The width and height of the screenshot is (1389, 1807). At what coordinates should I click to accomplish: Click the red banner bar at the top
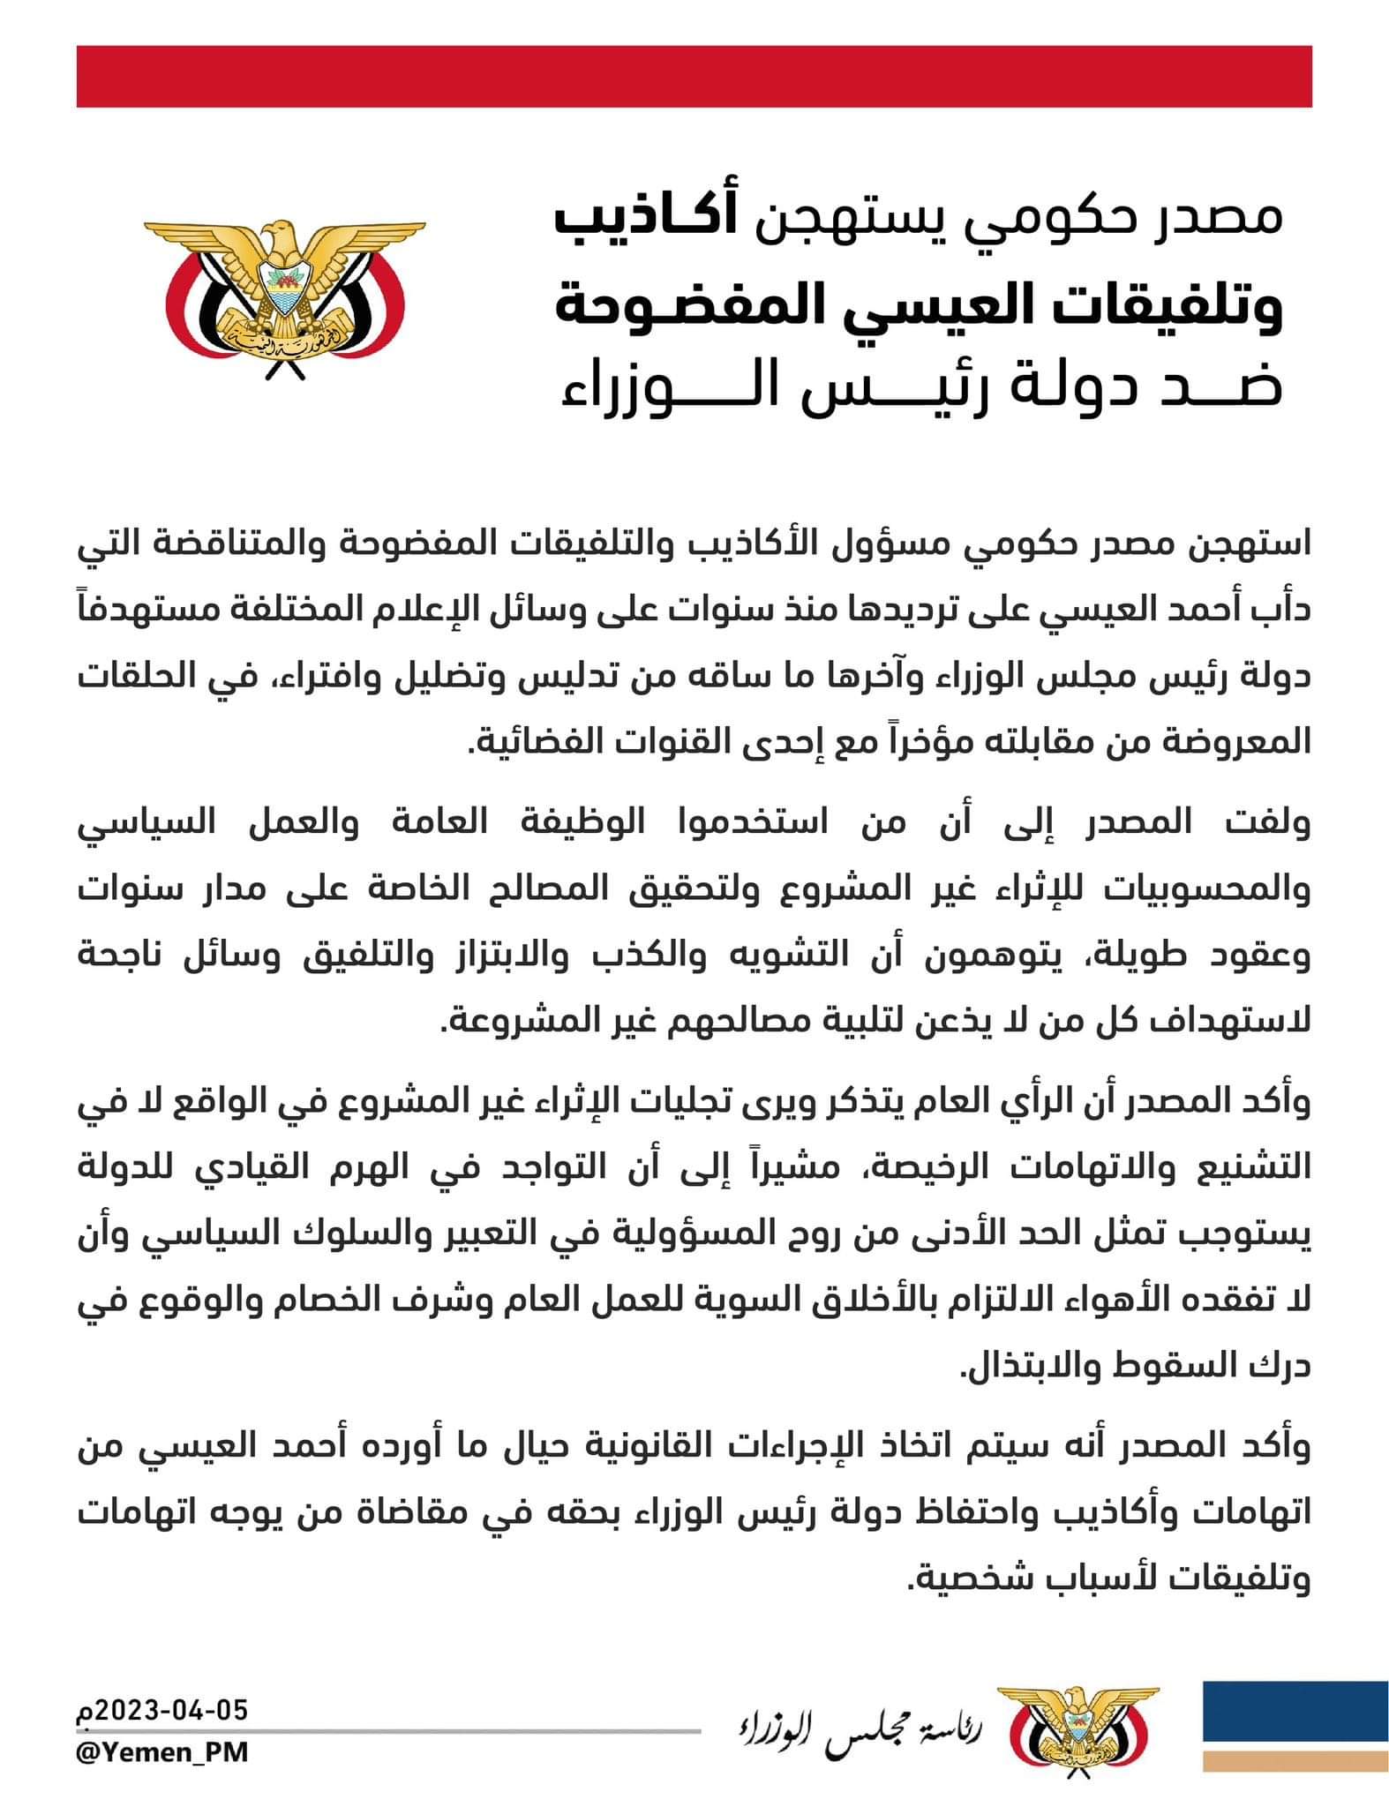click(x=694, y=77)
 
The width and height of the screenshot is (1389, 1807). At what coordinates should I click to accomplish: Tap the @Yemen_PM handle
click(x=162, y=1752)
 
